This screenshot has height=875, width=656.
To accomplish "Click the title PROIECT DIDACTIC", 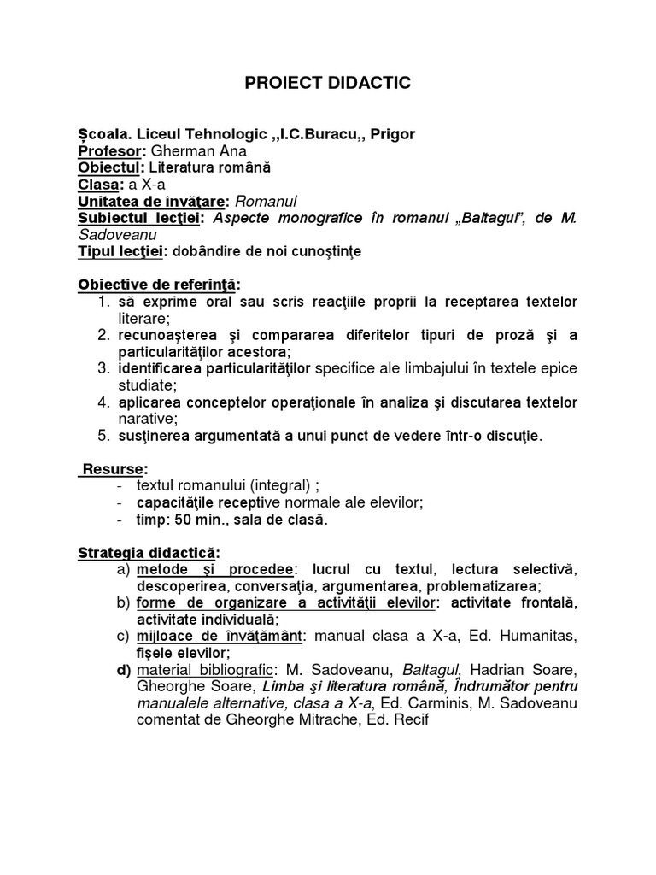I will coord(328,83).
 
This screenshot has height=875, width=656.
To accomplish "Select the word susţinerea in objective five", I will coord(154,436).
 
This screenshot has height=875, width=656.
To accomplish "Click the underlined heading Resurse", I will coord(115,469).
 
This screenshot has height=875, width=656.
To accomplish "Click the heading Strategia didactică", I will coord(149,553).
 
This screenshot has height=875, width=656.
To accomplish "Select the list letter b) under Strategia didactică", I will coord(122,602).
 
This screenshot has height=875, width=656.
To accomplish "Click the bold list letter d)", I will coord(123,669).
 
